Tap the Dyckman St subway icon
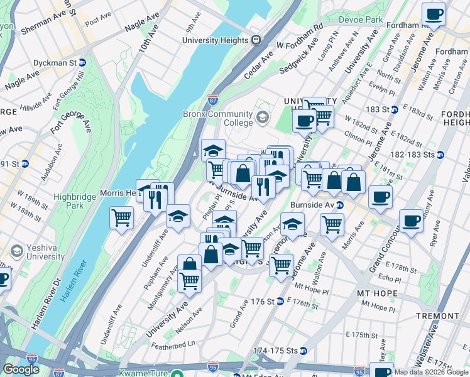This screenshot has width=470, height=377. pos(82,63)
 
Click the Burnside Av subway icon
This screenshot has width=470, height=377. pos(339,205)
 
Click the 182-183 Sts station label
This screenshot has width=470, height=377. pos(412,154)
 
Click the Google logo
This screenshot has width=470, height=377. pos(21,369)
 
